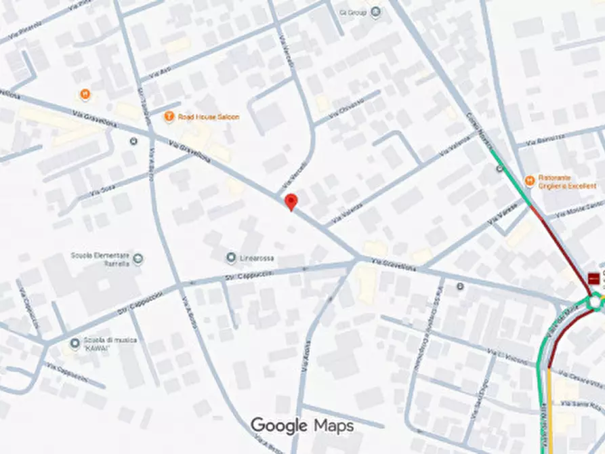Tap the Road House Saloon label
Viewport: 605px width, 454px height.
click(209, 117)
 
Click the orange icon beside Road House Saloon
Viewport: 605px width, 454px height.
click(169, 117)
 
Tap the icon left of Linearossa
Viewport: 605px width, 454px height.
click(232, 258)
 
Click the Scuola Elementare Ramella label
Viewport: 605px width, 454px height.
click(100, 260)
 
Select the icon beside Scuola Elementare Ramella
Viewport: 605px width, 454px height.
click(138, 258)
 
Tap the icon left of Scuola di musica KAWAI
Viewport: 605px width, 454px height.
click(75, 344)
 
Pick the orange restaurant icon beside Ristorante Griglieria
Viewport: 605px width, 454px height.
click(529, 181)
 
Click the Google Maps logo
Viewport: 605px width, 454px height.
click(302, 426)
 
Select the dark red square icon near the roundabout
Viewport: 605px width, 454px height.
click(594, 278)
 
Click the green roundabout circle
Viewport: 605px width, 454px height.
click(596, 301)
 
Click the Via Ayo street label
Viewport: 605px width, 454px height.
click(160, 72)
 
